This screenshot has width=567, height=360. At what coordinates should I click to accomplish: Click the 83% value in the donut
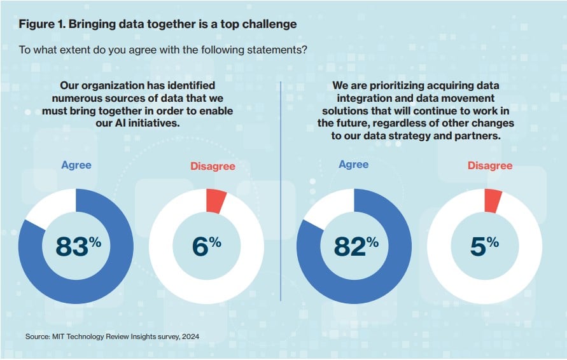76,246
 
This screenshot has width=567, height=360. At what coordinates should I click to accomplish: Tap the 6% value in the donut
206,246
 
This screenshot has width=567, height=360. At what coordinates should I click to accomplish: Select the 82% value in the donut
353,246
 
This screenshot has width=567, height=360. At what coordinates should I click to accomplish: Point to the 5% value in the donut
484,246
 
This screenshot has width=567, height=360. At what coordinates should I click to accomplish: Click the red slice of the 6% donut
216,200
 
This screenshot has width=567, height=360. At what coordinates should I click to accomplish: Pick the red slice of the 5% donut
493,200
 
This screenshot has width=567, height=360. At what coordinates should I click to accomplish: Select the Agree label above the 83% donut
76,165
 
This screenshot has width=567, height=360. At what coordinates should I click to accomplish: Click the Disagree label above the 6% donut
213,166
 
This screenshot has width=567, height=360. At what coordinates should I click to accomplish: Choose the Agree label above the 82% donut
353,164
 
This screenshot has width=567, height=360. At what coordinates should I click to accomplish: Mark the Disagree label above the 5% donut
490,165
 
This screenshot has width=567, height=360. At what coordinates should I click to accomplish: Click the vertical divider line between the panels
281,191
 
